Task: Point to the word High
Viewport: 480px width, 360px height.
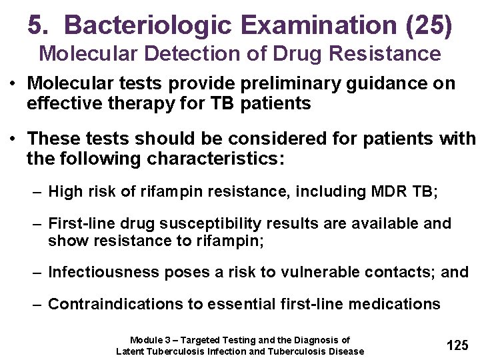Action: [65, 193]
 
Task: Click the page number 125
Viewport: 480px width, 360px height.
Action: [457, 345]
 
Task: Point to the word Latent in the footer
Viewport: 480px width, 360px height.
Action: [130, 351]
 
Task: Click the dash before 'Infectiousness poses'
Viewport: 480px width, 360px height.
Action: [39, 272]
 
